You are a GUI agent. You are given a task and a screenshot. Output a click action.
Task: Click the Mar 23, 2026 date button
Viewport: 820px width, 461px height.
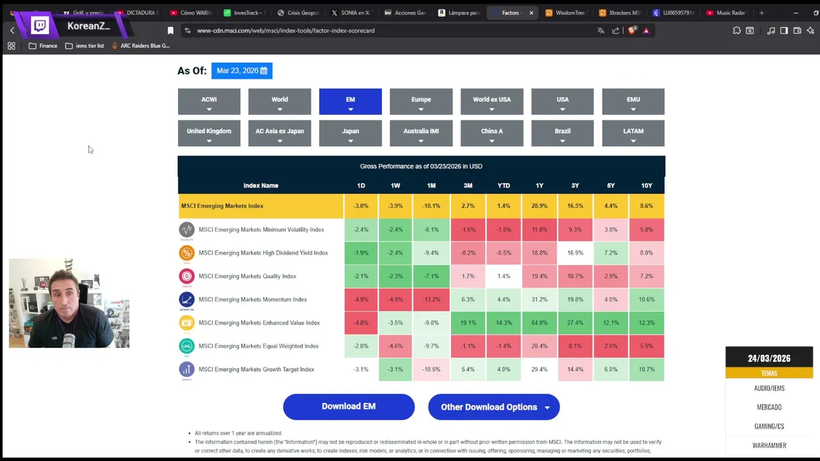pos(242,70)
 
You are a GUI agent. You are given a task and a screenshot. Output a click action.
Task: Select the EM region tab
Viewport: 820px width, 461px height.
pos(350,101)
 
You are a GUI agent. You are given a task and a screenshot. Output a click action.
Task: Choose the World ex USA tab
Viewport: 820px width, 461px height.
pos(491,101)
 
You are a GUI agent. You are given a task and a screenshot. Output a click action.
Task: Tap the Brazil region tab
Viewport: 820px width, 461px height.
pos(562,133)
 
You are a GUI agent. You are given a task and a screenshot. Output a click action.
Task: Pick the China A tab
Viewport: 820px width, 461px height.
pos(491,133)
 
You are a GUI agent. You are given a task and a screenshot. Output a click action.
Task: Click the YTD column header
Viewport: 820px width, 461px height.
pos(504,186)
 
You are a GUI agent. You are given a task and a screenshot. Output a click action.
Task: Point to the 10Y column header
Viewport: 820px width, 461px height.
pos(646,186)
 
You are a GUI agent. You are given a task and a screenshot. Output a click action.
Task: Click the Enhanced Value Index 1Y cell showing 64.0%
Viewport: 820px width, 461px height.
pos(539,323)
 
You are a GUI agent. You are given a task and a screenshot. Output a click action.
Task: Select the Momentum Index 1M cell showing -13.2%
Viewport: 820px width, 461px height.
pos(431,300)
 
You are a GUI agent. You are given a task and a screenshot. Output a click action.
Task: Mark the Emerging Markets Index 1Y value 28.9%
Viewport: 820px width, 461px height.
pos(539,206)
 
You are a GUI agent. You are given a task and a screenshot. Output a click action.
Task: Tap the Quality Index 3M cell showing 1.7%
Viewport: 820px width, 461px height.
pos(468,277)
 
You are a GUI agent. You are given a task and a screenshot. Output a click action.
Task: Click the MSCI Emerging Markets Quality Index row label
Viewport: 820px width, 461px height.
pos(247,277)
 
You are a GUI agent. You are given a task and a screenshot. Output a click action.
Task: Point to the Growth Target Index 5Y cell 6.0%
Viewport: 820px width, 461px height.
pos(611,369)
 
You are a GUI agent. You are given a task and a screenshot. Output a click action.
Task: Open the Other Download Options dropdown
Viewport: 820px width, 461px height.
pos(493,407)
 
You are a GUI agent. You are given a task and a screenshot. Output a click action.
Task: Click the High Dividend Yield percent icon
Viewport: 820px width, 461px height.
pos(186,253)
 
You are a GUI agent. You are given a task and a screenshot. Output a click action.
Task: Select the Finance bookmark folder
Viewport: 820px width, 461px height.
pos(43,46)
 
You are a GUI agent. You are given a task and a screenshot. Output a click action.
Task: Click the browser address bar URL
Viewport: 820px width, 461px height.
pos(286,31)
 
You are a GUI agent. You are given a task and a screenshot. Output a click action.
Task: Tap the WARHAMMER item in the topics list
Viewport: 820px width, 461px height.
pos(769,446)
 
